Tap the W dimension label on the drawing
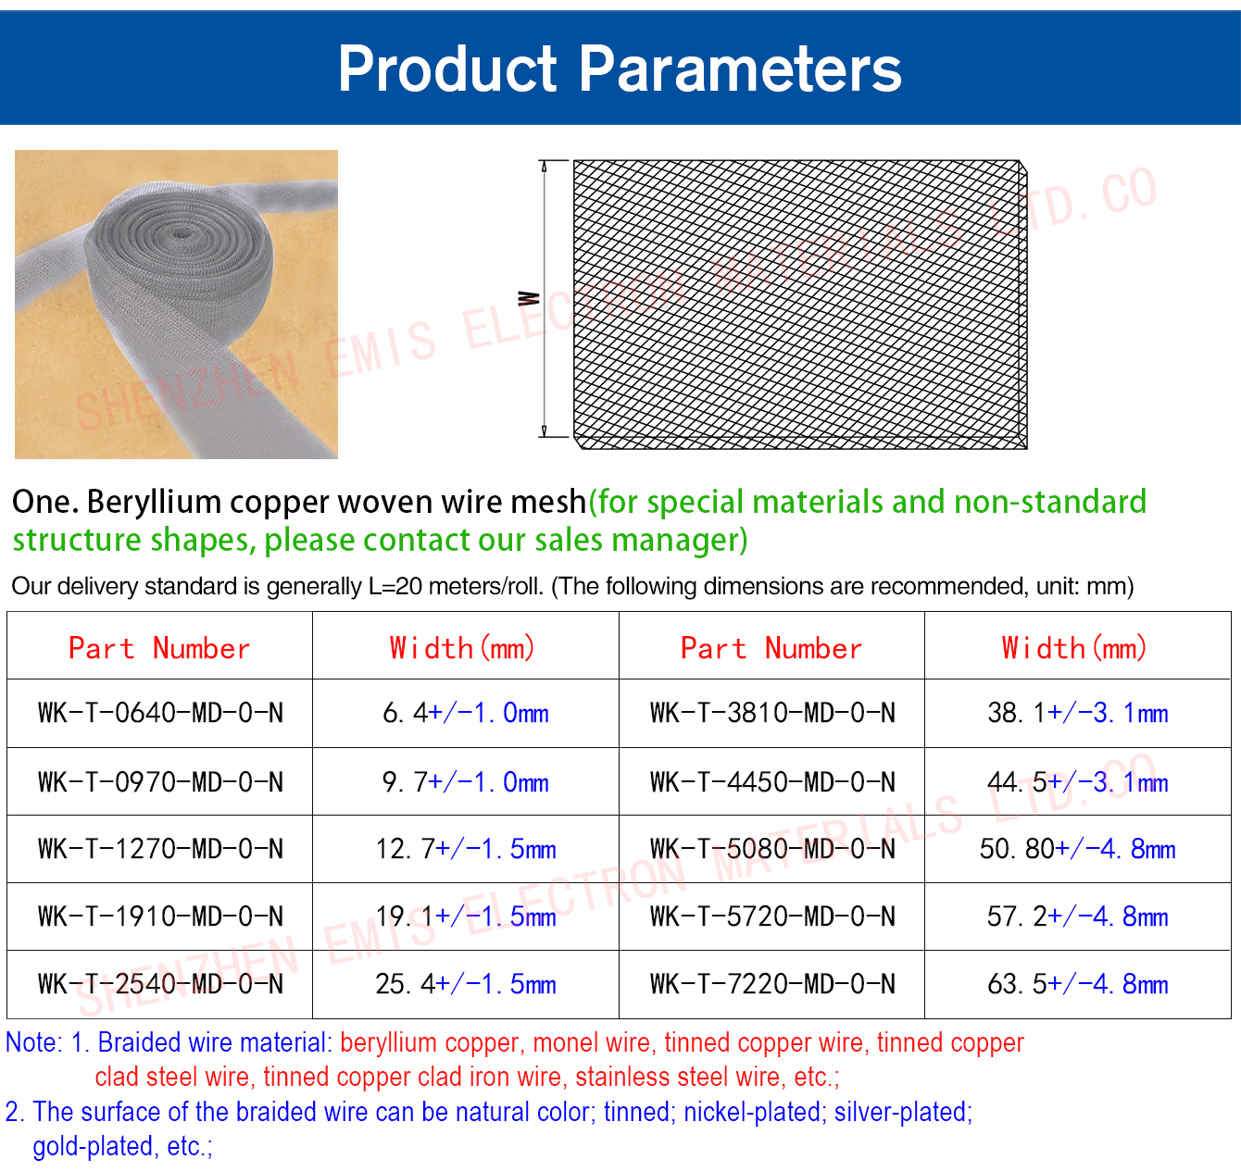529,299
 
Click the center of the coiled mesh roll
182,235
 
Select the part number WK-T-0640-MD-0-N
160,713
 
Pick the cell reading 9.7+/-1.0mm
466,782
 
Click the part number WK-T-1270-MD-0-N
160,849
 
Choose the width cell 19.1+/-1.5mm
466,916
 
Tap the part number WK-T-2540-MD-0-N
160,984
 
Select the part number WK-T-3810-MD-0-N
772,713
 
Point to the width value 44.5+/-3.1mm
1077,782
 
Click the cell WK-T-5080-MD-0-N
772,849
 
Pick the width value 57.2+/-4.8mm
1077,916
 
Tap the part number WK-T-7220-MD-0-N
772,984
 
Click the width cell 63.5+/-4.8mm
1077,984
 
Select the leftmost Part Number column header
159,648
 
